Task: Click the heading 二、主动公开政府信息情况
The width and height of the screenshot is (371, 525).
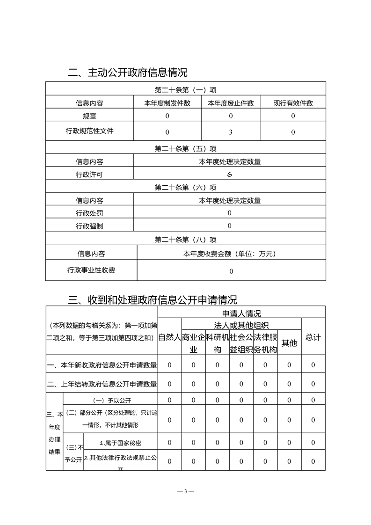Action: [128, 73]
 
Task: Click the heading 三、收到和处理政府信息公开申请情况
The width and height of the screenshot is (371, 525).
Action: [153, 299]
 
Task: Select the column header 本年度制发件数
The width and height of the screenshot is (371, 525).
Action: [167, 103]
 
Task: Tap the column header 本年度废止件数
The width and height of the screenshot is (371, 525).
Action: [231, 103]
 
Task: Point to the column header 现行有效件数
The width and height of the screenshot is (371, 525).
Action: [293, 103]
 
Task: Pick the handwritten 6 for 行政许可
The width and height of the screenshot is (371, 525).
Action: [230, 175]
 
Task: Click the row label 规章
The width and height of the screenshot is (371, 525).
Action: [89, 116]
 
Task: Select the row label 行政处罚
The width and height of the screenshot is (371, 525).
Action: [89, 213]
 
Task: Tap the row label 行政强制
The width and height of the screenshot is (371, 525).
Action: [89, 226]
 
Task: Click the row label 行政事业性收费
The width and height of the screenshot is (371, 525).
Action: [91, 270]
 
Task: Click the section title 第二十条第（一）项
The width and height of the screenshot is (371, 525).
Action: [185, 90]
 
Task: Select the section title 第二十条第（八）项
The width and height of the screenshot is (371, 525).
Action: [185, 240]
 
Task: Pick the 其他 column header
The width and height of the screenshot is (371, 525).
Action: [289, 343]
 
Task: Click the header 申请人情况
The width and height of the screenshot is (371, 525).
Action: [241, 313]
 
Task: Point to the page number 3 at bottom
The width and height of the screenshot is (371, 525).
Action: [185, 491]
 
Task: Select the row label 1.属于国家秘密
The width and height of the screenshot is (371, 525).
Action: [121, 442]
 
